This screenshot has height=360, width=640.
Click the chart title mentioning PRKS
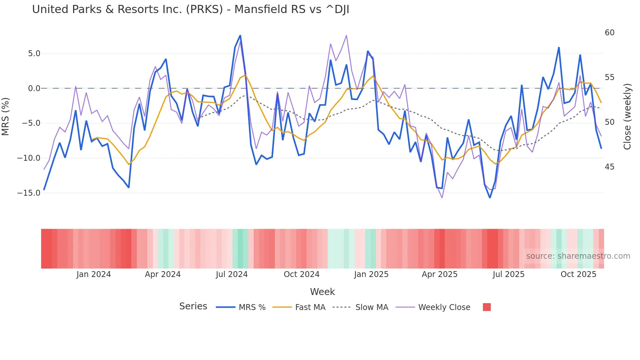tap(190, 9)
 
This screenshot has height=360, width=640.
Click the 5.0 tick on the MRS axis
tap(34, 54)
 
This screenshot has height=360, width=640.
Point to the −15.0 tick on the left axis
tap(29, 193)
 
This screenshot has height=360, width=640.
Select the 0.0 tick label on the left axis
tap(34, 89)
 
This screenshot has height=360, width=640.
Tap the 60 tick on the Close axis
tap(609, 33)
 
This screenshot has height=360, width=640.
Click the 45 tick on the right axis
tap(609, 167)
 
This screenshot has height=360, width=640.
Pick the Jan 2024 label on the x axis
tap(94, 274)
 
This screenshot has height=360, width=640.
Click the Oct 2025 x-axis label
tap(578, 274)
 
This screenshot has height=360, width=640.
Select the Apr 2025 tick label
tap(440, 274)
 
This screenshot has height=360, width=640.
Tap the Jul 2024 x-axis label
tap(232, 274)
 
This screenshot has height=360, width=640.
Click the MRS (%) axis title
tap(6, 116)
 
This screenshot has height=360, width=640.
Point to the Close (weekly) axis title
tap(627, 117)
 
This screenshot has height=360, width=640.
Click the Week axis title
tap(322, 292)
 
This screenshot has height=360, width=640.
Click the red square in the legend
tap(487, 307)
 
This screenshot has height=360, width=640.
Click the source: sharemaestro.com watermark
tap(578, 256)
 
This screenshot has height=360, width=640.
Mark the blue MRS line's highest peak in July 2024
tap(240, 35)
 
